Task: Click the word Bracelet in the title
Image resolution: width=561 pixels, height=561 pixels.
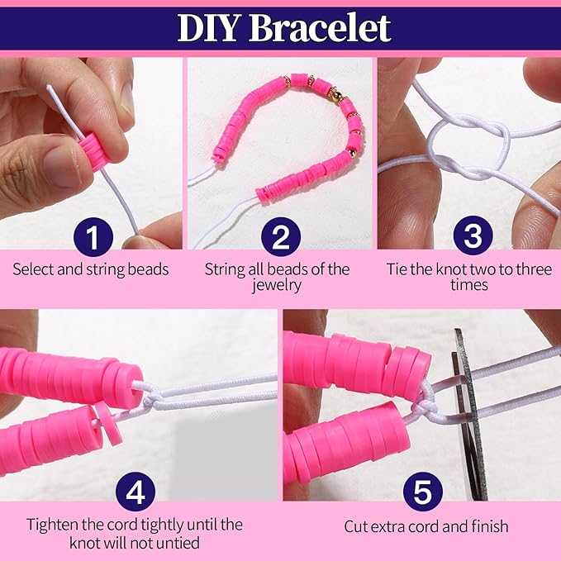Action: (321, 28)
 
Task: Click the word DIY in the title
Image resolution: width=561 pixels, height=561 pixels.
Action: (208, 28)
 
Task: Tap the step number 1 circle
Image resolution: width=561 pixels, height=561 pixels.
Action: (93, 236)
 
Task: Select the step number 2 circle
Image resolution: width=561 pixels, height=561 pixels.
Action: (281, 236)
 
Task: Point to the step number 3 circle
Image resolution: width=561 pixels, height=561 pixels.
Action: (473, 235)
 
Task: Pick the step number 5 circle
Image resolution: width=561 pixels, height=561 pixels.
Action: (422, 492)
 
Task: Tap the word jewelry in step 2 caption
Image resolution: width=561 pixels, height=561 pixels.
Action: (276, 286)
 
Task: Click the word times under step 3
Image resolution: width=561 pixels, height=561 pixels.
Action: (469, 285)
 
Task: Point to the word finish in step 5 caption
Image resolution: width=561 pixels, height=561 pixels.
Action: (489, 526)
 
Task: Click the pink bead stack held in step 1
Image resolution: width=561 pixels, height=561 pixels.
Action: (93, 150)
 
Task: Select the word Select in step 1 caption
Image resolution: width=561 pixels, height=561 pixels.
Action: (33, 269)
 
